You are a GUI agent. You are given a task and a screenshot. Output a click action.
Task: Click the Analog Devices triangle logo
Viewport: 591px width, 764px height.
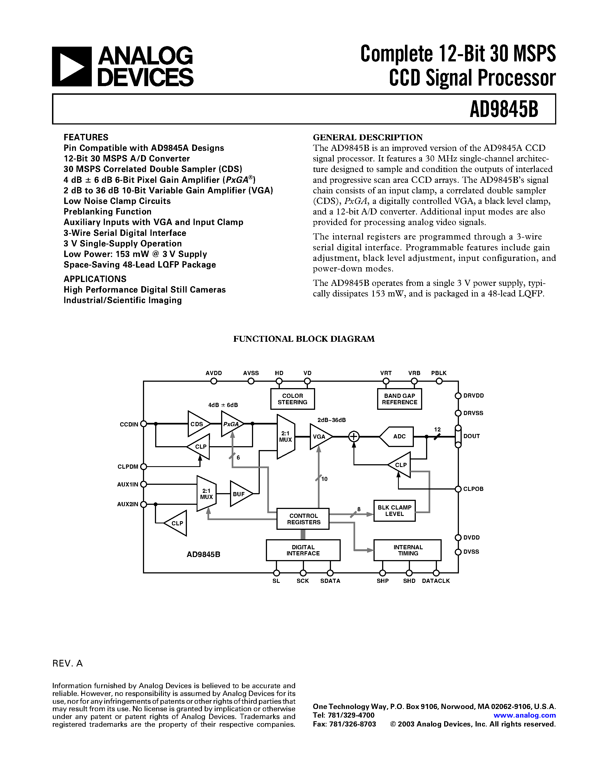tap(72, 66)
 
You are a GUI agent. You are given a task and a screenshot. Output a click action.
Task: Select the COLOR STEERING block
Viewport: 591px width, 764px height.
tap(292, 399)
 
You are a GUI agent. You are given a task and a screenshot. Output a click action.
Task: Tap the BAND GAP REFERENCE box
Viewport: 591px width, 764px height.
tap(399, 399)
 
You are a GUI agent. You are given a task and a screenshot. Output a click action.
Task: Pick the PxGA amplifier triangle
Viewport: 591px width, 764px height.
tap(231, 424)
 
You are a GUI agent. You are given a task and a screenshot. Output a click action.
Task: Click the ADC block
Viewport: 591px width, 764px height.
tap(398, 436)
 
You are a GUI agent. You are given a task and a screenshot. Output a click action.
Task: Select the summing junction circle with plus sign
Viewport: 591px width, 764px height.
tap(353, 436)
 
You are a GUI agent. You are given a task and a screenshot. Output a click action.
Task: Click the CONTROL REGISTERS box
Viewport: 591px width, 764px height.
tap(303, 519)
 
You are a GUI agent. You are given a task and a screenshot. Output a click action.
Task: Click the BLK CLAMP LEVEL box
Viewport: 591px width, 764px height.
tap(394, 511)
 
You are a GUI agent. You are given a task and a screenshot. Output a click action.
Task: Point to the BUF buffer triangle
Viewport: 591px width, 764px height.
tap(240, 494)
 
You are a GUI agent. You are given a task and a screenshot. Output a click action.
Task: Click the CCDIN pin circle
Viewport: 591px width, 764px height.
tap(143, 424)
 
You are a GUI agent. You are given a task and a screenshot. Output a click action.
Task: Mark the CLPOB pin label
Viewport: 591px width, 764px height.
tap(473, 489)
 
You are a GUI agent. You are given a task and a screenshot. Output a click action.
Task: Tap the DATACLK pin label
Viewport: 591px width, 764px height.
tap(436, 581)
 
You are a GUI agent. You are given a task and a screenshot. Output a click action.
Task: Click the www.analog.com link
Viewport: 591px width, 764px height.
tap(525, 715)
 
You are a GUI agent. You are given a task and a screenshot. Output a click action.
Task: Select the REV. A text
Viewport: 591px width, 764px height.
tap(68, 664)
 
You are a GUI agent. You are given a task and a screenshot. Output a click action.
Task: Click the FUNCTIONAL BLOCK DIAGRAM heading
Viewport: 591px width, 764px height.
tap(304, 339)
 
